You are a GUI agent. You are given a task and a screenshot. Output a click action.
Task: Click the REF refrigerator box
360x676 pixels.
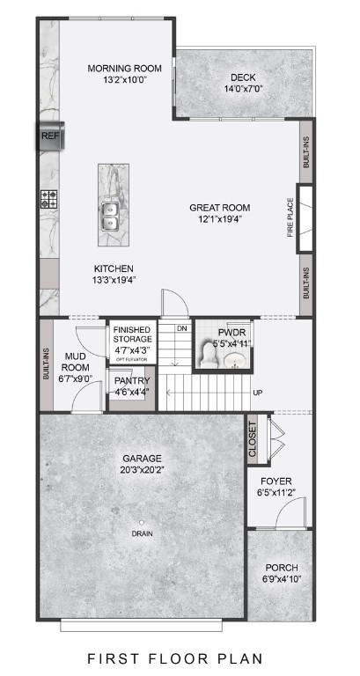point(48,136)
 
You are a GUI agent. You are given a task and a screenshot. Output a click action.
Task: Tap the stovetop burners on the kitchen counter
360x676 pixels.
point(48,199)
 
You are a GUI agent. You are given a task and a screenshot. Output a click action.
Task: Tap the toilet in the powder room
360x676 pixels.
point(208,355)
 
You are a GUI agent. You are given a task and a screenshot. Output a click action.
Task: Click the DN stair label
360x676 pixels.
point(182,329)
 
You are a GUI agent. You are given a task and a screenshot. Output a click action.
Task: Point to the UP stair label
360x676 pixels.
point(257,393)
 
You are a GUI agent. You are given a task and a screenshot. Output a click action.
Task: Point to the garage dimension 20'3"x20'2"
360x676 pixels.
point(141,470)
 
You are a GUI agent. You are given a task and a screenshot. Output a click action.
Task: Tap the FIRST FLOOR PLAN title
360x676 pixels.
point(180,658)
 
